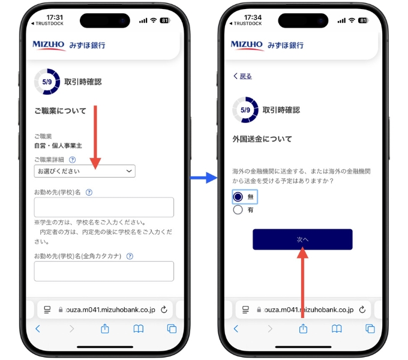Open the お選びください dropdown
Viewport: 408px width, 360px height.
pos(85,172)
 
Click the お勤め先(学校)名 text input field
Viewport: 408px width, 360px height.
pos(104,207)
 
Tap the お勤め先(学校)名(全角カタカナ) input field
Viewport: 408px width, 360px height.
pos(104,271)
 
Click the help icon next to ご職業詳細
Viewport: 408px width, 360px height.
pos(73,160)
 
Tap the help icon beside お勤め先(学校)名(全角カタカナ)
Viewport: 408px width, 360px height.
pos(130,256)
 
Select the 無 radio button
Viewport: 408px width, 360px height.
pos(238,197)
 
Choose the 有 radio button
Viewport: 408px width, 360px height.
pos(238,210)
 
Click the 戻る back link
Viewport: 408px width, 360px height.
pos(243,76)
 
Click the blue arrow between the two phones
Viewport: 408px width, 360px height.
pos(203,177)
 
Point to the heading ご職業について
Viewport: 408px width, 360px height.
pos(60,110)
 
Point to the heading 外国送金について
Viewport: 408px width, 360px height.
pos(262,139)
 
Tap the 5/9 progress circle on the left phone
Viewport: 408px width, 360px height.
pos(47,82)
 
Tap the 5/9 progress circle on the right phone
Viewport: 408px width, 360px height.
pos(245,110)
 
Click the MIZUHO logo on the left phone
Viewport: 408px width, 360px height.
pos(49,45)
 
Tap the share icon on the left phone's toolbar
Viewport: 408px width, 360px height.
pos(104,328)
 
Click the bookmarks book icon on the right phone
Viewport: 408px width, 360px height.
pos(337,328)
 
